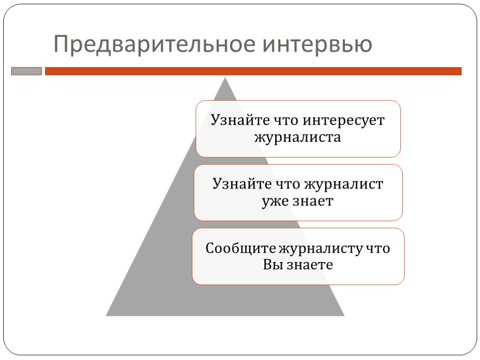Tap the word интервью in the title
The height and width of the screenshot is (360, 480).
(x=317, y=45)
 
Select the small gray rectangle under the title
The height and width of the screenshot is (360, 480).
(x=26, y=71)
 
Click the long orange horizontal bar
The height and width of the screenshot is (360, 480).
(x=253, y=71)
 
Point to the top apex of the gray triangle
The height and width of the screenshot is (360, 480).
(x=225, y=78)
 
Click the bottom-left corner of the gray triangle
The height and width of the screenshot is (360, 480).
(x=107, y=315)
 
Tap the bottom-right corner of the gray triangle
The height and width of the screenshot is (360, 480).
(x=344, y=315)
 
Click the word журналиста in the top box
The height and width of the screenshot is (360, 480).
(x=298, y=138)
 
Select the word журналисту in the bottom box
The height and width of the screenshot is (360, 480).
(x=320, y=248)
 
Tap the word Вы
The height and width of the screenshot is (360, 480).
(x=271, y=265)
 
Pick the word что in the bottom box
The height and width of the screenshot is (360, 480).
(x=378, y=248)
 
